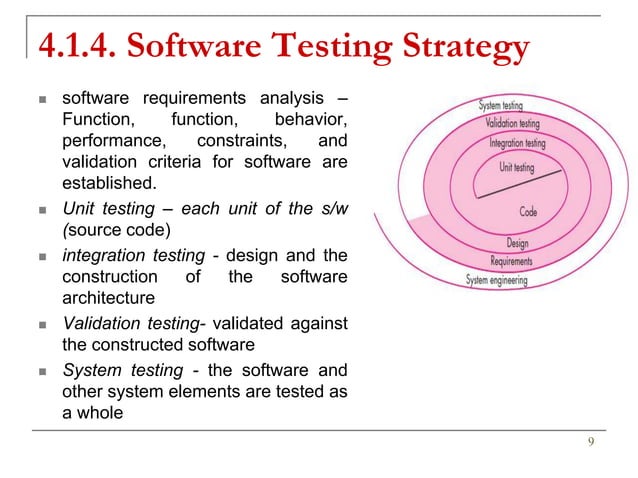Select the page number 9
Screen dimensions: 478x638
[x=592, y=444]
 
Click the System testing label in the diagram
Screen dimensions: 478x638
[x=505, y=104]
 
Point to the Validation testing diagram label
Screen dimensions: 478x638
[x=512, y=124]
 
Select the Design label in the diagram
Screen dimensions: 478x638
[x=517, y=243]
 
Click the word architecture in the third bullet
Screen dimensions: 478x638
[x=108, y=297]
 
